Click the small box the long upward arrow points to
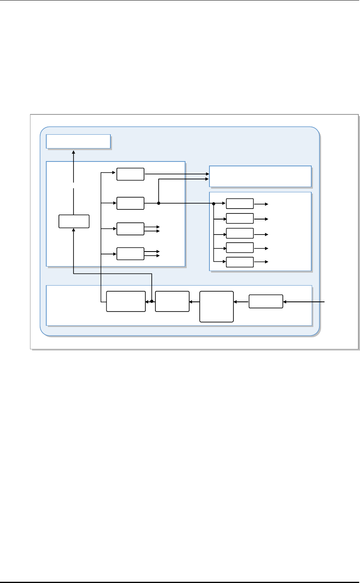pos(78,142)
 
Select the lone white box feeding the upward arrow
pos(74,221)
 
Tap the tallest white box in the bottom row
pos(217,306)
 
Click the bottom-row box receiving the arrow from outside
pos(266,301)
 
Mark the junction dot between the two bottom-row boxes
pos(152,301)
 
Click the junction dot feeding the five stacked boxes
pos(213,204)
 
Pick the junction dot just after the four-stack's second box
pos(158,203)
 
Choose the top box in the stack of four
pos(130,174)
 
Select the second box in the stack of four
pos(130,203)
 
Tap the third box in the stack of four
pos(130,229)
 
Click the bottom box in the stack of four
pos(130,254)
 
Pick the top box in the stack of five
pos(240,204)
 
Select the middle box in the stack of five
pos(240,233)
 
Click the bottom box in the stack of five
pos(240,262)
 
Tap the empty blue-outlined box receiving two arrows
pos(260,176)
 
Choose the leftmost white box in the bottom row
pos(126,301)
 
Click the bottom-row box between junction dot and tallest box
pos(172,301)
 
